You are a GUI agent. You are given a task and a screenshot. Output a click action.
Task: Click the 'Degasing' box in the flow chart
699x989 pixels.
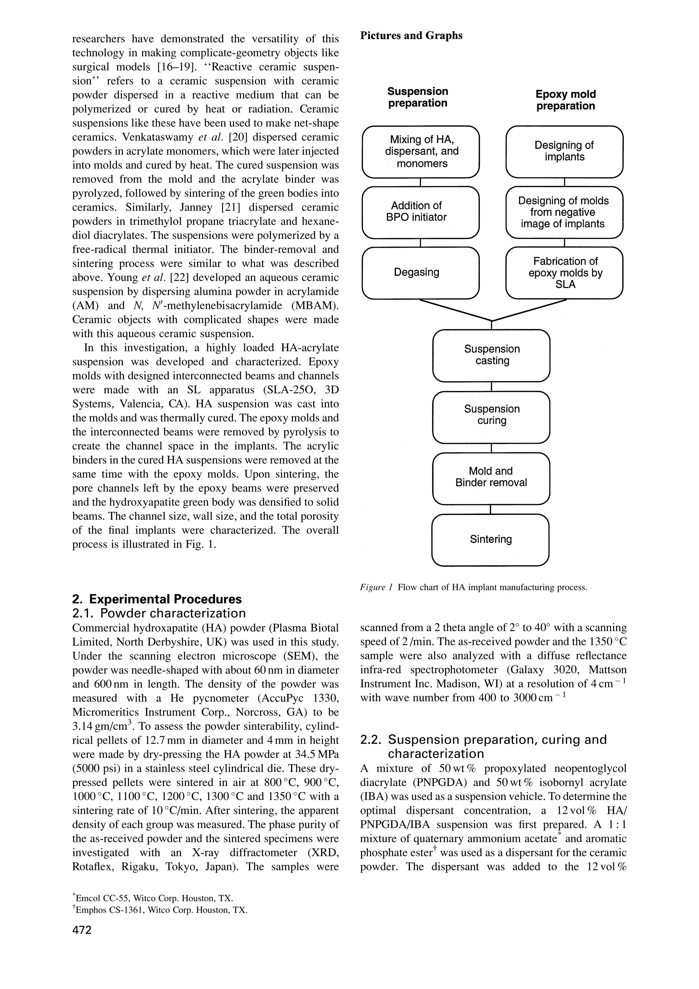[x=420, y=273]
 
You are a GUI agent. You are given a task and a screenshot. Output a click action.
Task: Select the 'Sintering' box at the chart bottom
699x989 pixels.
[x=490, y=540]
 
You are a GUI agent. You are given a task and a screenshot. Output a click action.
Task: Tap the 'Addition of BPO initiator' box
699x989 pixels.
[x=420, y=212]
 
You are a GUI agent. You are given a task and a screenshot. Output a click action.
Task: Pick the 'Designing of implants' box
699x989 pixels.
[x=564, y=152]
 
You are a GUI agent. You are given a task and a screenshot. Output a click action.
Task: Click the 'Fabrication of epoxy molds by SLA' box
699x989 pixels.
[x=564, y=273]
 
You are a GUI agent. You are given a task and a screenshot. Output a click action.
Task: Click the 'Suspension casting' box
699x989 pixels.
[x=491, y=355]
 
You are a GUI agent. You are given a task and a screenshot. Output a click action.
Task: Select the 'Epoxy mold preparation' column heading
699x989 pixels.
[x=566, y=100]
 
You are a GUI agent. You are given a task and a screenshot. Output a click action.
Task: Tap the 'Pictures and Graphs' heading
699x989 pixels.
[x=411, y=35]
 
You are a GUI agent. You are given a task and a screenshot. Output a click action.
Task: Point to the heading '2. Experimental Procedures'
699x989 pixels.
[x=157, y=599]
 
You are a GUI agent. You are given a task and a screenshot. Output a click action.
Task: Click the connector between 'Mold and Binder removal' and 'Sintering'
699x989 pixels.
[x=490, y=509]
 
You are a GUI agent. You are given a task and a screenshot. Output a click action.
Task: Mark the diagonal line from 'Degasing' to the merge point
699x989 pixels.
[x=456, y=310]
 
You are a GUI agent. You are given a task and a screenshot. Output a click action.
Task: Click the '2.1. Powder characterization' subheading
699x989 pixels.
[x=159, y=613]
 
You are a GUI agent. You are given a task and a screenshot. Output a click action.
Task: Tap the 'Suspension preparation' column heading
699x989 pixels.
[x=417, y=97]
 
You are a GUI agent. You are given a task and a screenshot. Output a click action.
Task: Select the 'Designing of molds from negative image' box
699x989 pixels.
[x=564, y=212]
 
